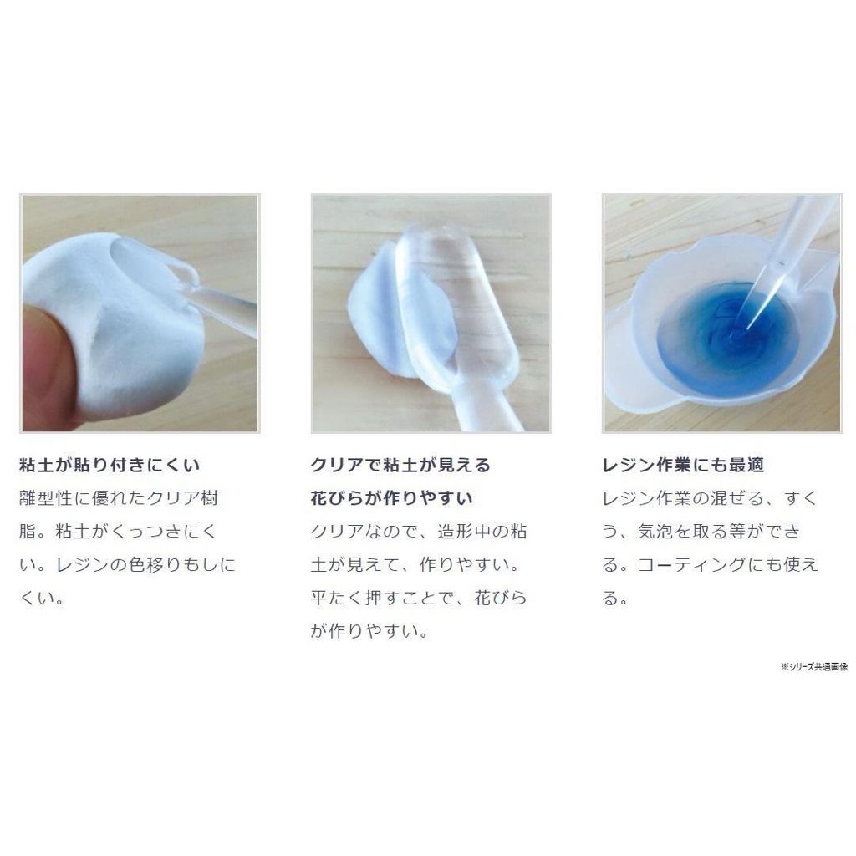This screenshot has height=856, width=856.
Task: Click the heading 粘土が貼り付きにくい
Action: (110, 465)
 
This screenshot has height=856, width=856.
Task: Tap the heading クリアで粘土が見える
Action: (400, 465)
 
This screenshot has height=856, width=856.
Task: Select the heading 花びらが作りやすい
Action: (391, 498)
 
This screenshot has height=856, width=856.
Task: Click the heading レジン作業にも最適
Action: (683, 465)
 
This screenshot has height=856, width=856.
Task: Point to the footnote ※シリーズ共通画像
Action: (814, 666)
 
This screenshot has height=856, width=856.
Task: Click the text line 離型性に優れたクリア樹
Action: (119, 498)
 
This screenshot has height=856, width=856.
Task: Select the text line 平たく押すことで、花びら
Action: (419, 598)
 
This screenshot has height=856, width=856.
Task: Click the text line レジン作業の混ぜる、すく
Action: (710, 498)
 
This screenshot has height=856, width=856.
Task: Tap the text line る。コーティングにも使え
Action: (711, 564)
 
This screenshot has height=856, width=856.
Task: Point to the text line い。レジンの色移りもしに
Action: (127, 564)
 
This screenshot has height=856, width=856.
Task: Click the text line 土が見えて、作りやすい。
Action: (415, 564)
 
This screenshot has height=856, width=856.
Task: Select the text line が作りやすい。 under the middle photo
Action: (369, 631)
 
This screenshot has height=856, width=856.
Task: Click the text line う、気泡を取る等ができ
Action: (701, 531)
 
